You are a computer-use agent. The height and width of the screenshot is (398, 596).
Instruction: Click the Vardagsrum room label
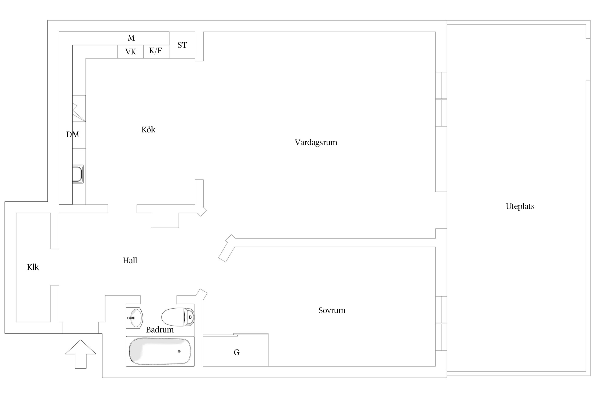(x=316, y=142)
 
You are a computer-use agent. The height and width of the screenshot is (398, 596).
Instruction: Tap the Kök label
(x=148, y=130)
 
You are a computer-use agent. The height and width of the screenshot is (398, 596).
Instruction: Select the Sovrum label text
(x=332, y=310)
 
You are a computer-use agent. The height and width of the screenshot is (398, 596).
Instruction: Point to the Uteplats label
(x=520, y=206)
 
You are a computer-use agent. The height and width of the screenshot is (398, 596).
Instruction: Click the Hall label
(x=130, y=261)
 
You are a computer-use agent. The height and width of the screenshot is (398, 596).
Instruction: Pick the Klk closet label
(x=33, y=267)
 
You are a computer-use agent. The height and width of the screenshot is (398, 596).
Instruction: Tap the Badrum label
(x=160, y=330)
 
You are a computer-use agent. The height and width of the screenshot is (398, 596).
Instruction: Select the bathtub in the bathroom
(x=160, y=351)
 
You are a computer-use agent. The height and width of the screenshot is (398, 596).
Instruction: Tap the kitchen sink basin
(x=78, y=174)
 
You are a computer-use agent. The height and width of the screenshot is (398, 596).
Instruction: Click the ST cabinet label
(x=182, y=45)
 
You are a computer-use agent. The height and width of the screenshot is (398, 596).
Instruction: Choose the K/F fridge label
(x=155, y=51)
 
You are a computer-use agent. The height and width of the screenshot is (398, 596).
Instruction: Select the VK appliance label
(x=131, y=52)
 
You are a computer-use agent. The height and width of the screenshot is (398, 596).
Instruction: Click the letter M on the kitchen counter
(x=131, y=38)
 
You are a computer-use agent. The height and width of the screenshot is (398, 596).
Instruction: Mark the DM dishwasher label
(x=73, y=135)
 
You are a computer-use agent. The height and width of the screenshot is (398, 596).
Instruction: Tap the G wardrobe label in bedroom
(x=237, y=352)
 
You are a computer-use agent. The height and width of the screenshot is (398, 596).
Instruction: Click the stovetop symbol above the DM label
(x=79, y=109)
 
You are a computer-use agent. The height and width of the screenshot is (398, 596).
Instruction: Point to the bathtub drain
(x=179, y=351)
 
